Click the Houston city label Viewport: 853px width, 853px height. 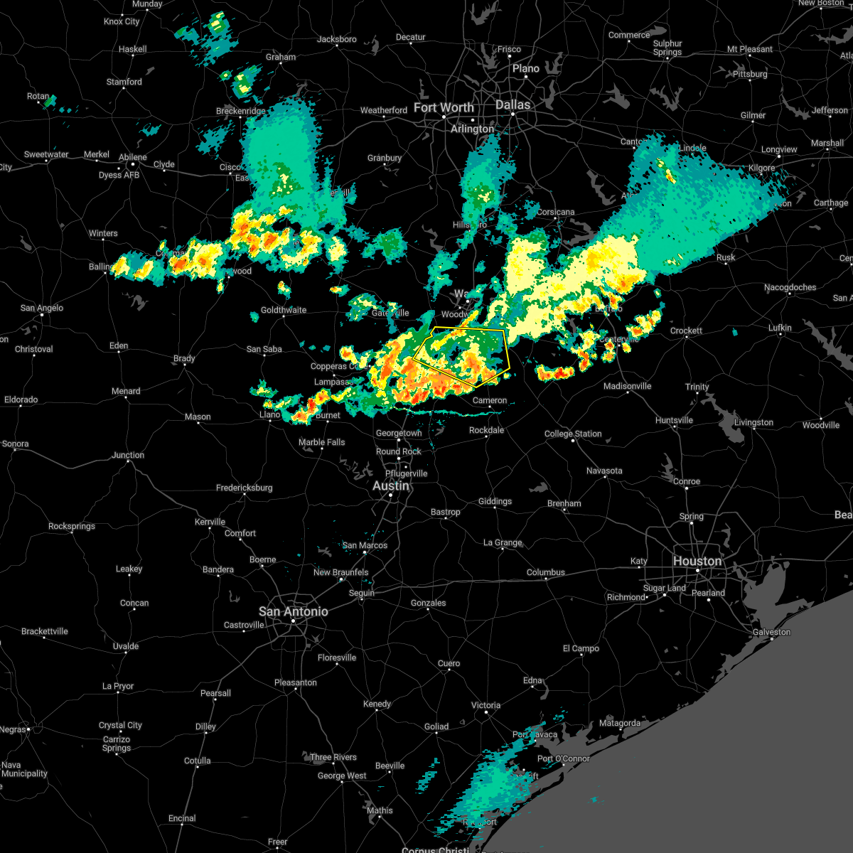(697, 561)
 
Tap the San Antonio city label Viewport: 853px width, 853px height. (293, 611)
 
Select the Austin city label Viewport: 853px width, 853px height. (391, 485)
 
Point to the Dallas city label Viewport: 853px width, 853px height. (513, 104)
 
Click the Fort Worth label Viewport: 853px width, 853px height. (444, 107)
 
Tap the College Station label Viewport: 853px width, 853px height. (573, 434)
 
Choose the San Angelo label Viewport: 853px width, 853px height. (41, 308)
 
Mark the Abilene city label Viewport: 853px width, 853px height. (133, 157)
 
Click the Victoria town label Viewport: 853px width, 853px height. (485, 705)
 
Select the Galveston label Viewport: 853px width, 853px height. (771, 632)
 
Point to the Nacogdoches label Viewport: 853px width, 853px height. (790, 287)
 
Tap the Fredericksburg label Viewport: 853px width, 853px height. (244, 488)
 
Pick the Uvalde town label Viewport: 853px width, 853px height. (126, 646)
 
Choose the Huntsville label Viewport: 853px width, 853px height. (674, 420)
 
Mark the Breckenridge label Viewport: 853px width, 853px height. (241, 111)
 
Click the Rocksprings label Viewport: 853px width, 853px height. (72, 526)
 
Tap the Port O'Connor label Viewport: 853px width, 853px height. (564, 758)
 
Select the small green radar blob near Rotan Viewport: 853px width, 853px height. (49, 102)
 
